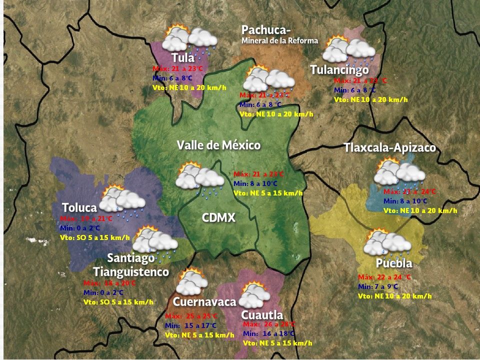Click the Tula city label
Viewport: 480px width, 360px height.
(183, 57)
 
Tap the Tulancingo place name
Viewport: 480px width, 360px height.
(339, 70)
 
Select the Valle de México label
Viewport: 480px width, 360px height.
(218, 145)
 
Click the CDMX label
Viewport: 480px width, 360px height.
(218, 217)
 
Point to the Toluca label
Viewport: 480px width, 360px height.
(79, 207)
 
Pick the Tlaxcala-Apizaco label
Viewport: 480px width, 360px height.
(389, 148)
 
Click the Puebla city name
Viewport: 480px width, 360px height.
(394, 263)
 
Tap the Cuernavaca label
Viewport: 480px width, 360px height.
(204, 302)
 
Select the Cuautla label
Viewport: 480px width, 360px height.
(262, 315)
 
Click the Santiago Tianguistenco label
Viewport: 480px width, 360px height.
(131, 265)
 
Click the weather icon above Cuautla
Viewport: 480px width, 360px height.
(254, 295)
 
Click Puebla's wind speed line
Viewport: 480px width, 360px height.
(394, 296)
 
